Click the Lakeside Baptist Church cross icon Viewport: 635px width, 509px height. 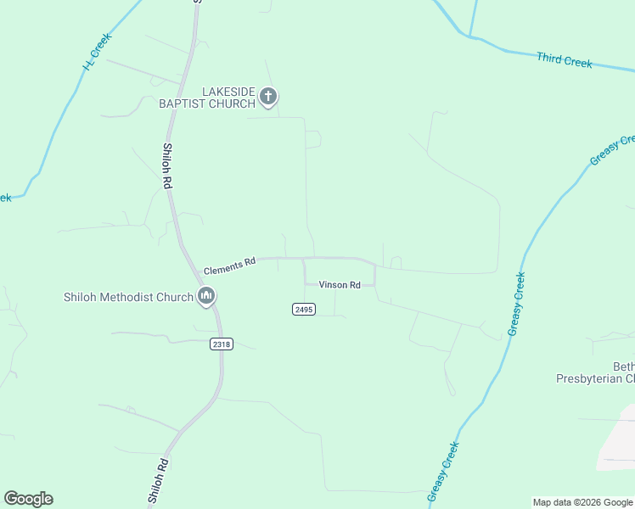[268, 97]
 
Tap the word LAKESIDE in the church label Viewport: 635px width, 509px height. [228, 92]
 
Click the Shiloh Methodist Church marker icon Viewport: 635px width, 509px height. [205, 297]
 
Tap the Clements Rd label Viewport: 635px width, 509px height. [230, 266]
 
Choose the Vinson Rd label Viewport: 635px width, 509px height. [340, 285]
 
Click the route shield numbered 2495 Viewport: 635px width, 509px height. [304, 310]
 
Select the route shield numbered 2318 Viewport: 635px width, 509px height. [221, 344]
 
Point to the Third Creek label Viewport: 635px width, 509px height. [564, 59]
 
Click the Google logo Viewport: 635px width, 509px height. [28, 499]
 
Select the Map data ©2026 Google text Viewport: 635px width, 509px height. [583, 502]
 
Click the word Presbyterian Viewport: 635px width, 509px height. [587, 378]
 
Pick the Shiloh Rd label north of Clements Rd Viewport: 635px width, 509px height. [167, 165]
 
